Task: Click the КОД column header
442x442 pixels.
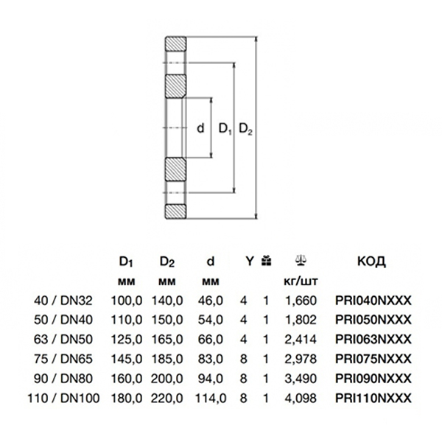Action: coord(371,261)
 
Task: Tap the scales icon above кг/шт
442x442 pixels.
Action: coord(301,259)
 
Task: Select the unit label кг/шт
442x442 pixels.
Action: coord(301,281)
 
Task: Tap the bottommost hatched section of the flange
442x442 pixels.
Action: coord(176,211)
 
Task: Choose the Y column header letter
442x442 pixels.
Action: coord(249,260)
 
